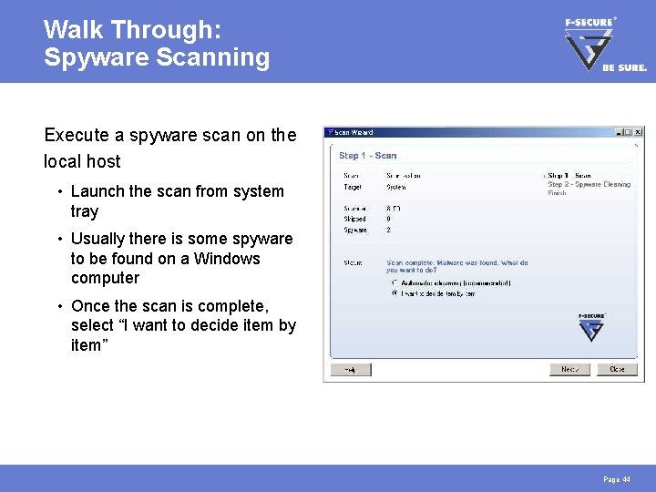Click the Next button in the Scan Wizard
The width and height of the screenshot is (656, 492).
coord(569,369)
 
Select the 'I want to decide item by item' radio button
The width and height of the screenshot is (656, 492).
coord(395,293)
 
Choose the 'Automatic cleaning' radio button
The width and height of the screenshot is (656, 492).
coord(395,282)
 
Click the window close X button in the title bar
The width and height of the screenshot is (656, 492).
coord(638,132)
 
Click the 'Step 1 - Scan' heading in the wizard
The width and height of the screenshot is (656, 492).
coord(368,156)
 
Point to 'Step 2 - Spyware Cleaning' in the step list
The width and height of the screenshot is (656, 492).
coord(589,184)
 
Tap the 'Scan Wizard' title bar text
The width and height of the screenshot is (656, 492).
coord(354,132)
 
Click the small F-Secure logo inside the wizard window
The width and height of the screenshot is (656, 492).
coord(591,327)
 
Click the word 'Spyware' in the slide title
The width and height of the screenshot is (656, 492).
coord(92,58)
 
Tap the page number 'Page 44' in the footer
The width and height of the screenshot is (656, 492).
coord(617,479)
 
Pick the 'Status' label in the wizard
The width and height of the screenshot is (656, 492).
coord(352,262)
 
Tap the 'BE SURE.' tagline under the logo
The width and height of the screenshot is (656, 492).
coord(624,67)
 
